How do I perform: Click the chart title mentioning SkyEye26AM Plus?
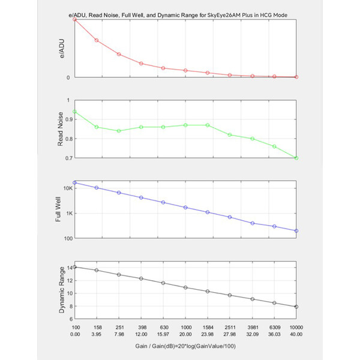(178, 15)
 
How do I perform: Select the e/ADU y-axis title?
(62, 49)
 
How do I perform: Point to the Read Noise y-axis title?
(60, 129)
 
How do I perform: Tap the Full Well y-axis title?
(58, 209)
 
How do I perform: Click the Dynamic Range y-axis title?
(62, 290)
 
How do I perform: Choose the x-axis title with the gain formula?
(185, 346)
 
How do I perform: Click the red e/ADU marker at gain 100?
(74, 20)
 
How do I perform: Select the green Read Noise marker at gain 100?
(74, 112)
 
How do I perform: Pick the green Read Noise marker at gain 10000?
(296, 158)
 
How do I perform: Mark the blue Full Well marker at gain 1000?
(185, 208)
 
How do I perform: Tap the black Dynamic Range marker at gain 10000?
(296, 307)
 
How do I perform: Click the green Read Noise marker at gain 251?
(119, 131)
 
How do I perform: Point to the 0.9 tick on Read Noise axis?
(68, 119)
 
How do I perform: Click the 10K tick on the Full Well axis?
(68, 188)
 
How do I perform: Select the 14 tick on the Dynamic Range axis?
(70, 268)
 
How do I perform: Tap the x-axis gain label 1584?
(208, 328)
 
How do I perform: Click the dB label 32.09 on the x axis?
(253, 334)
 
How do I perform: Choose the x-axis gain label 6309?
(274, 328)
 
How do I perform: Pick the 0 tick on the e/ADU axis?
(68, 78)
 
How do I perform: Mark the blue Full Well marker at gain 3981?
(253, 223)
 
